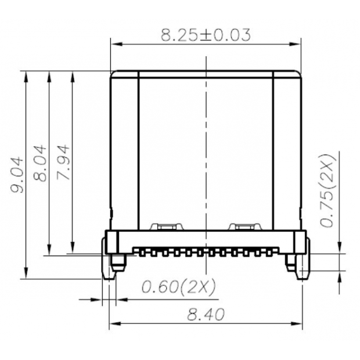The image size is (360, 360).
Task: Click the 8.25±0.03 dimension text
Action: coord(206,35)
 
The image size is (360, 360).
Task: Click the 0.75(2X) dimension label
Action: coord(329,190)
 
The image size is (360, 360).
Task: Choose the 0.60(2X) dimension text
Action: coord(179,286)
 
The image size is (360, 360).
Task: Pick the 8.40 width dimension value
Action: coord(206,315)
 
